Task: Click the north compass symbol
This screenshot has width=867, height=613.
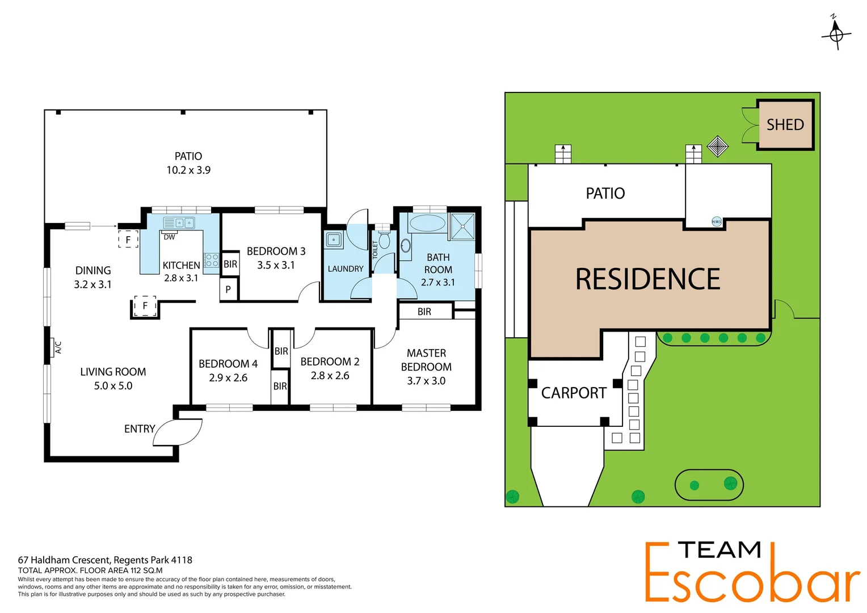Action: click(x=836, y=34)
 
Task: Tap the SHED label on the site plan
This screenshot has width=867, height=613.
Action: click(x=785, y=125)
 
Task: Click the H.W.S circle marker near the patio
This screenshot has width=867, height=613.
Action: click(x=717, y=222)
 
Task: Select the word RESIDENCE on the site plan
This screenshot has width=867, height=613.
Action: click(x=647, y=279)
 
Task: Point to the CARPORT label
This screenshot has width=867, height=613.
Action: click(x=573, y=393)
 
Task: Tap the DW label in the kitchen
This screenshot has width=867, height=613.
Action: click(x=169, y=237)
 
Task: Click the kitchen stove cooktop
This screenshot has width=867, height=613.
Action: click(x=212, y=261)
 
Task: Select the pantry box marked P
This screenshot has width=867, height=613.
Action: click(x=228, y=289)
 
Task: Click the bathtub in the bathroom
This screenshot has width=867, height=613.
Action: click(x=427, y=223)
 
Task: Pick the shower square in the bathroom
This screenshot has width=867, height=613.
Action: click(x=462, y=226)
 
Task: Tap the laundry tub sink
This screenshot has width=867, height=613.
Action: click(x=334, y=240)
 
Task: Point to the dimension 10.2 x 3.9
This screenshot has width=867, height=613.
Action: click(x=188, y=170)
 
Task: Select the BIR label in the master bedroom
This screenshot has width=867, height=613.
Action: click(x=424, y=312)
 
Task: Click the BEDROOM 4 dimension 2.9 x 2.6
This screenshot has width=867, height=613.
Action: click(x=228, y=378)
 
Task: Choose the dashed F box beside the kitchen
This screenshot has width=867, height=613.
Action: click(x=128, y=240)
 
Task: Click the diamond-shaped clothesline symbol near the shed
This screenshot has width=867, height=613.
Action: click(x=717, y=146)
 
